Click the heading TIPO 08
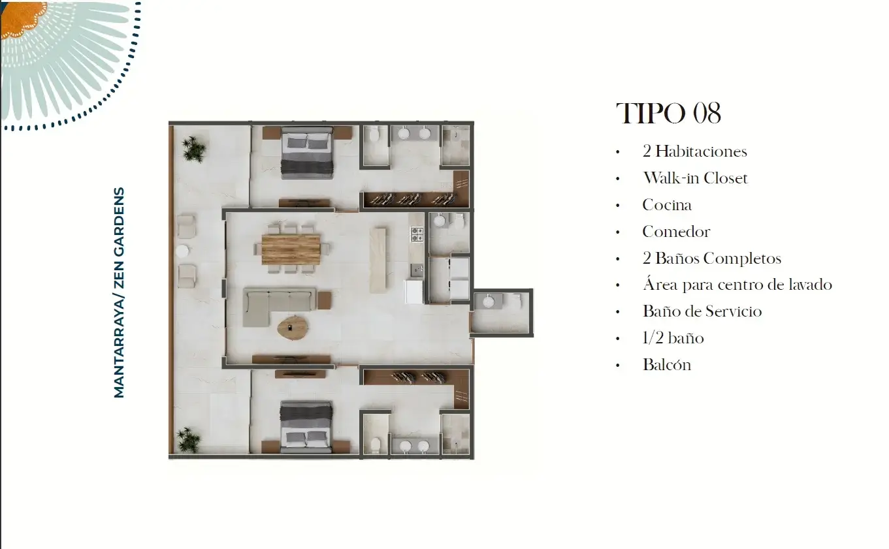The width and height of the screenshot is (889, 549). point(668,114)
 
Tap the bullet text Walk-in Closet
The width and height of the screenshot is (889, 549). point(695,178)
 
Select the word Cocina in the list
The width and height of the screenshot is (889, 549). point(667,205)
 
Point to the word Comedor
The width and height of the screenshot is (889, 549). point(676,232)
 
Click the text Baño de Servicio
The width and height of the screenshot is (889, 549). point(702,311)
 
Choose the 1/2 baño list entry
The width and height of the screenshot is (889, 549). point(673,338)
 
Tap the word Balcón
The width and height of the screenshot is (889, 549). point(667,364)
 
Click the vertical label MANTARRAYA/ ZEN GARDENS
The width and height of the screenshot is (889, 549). point(119,292)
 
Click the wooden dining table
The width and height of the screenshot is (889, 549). point(291,249)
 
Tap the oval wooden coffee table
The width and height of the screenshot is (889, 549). point(293,328)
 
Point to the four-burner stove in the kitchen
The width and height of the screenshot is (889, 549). point(417,234)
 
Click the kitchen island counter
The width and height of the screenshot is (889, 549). point(378,260)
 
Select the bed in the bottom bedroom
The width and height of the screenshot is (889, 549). point(306,427)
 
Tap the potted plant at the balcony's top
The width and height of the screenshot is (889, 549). point(194,149)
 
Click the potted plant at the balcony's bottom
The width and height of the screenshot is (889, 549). point(189,440)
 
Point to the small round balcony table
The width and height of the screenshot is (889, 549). point(182,251)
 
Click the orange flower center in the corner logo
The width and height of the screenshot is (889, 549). point(22,18)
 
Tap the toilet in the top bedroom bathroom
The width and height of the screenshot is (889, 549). point(375,135)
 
